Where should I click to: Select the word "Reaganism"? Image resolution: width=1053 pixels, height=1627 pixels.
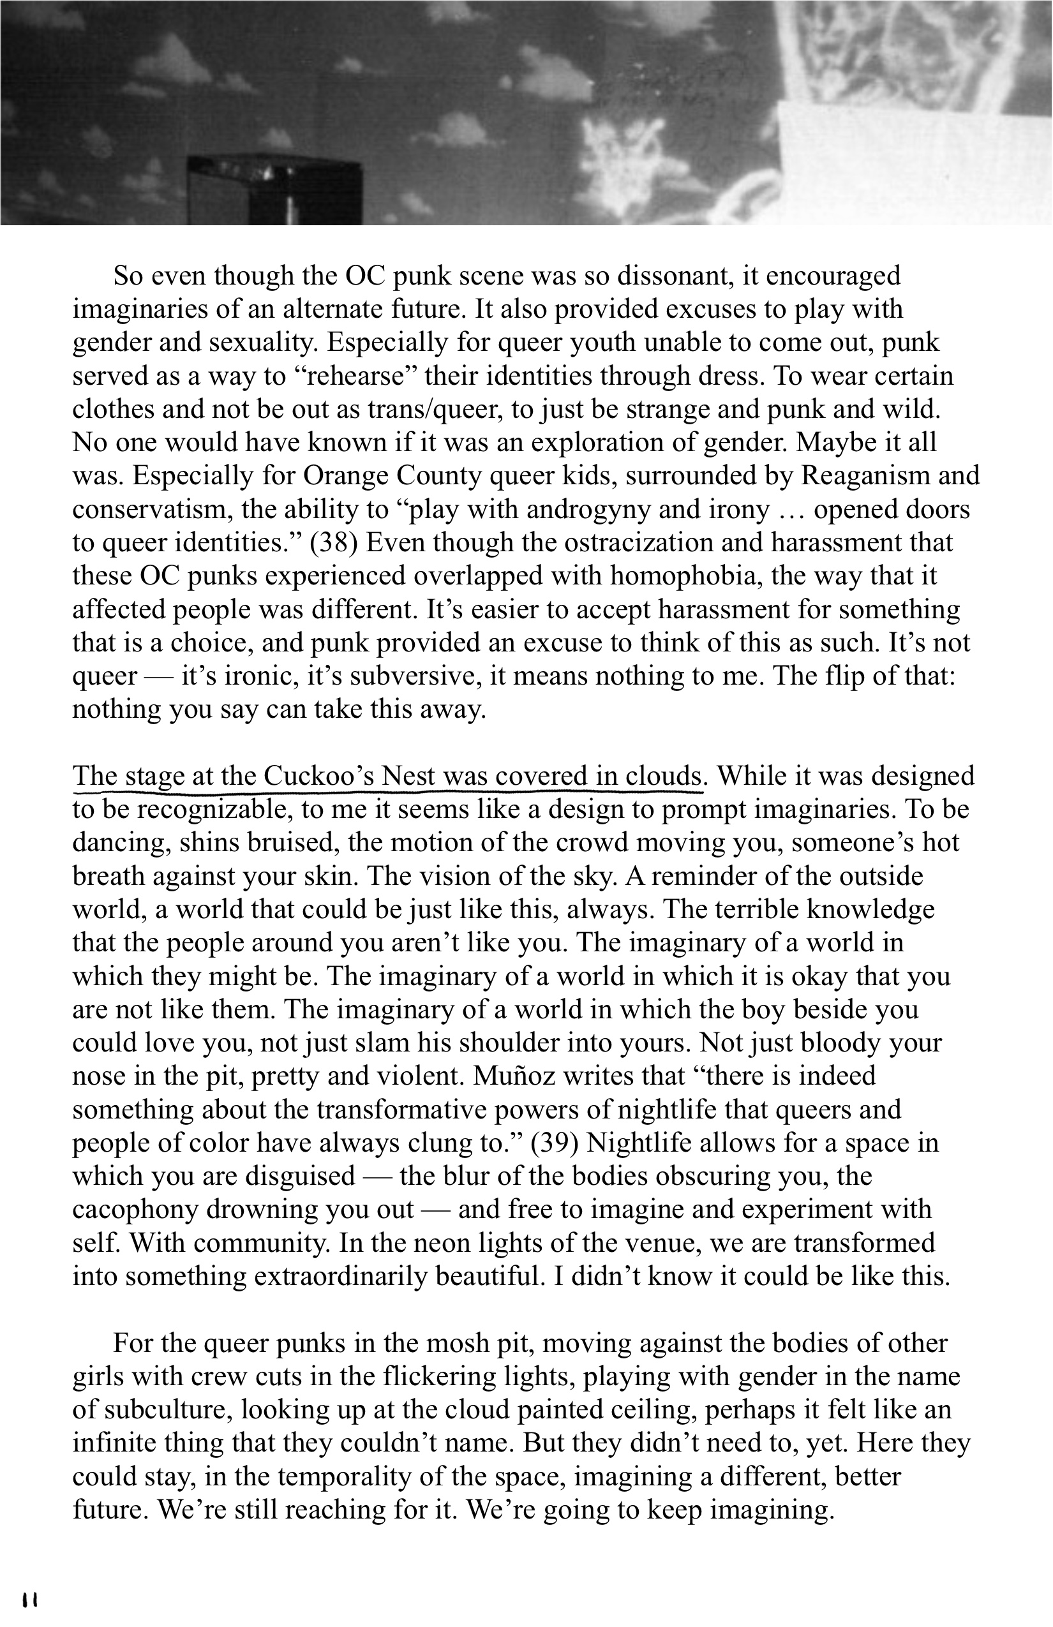[865, 476]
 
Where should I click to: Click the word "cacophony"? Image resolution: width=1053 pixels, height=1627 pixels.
[135, 1209]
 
